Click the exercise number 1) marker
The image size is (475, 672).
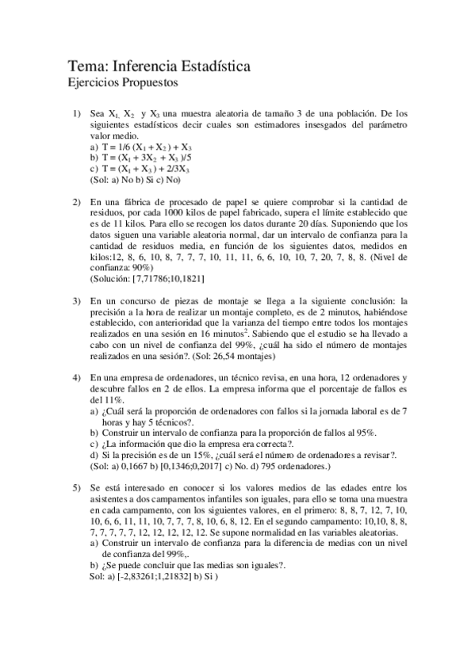[x=77, y=114]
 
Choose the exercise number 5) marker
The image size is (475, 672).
[x=77, y=486]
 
